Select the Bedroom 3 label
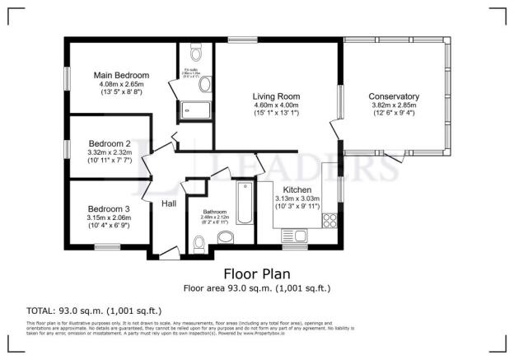click(109, 208)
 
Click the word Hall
click(169, 203)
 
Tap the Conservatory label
click(394, 96)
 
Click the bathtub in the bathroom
click(245, 203)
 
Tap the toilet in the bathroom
click(198, 242)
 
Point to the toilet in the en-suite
click(195, 54)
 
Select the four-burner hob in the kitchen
click(330, 220)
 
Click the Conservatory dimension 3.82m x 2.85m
click(394, 105)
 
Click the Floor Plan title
click(256, 273)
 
